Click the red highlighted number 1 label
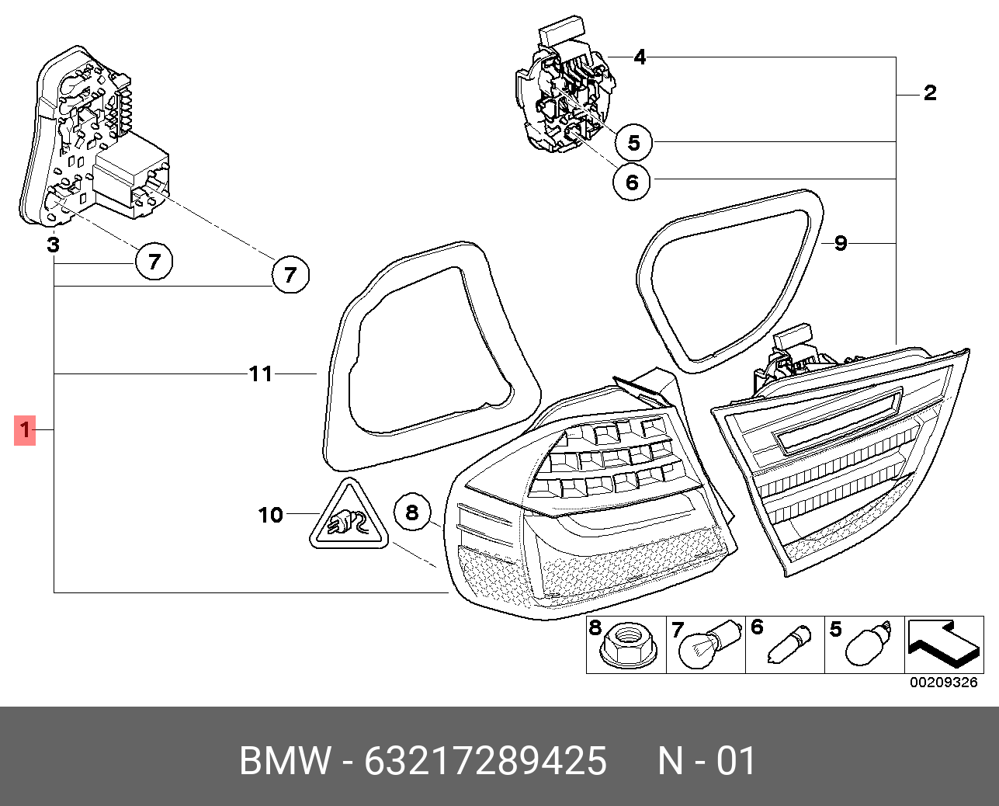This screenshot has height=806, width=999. pyautogui.click(x=25, y=429)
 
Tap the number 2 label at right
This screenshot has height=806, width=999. pyautogui.click(x=929, y=93)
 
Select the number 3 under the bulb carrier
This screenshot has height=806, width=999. pyautogui.click(x=52, y=245)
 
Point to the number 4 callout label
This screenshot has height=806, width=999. pyautogui.click(x=639, y=57)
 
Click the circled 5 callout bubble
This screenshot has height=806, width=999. pyautogui.click(x=633, y=143)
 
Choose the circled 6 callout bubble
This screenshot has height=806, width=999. pyautogui.click(x=631, y=182)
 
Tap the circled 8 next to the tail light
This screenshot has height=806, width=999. pyautogui.click(x=411, y=512)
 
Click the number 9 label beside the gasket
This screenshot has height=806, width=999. pyautogui.click(x=840, y=244)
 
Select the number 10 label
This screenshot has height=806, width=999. pyautogui.click(x=271, y=515)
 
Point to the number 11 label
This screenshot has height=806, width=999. pyautogui.click(x=261, y=374)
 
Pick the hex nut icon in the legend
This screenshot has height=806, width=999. pyautogui.click(x=626, y=648)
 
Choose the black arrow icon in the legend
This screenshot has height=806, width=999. pyautogui.click(x=942, y=644)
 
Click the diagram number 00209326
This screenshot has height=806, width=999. pyautogui.click(x=943, y=683)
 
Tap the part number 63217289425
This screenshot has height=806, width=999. pyautogui.click(x=485, y=761)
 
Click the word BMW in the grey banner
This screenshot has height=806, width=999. pyautogui.click(x=285, y=761)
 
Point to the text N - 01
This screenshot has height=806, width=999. pyautogui.click(x=706, y=761)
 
